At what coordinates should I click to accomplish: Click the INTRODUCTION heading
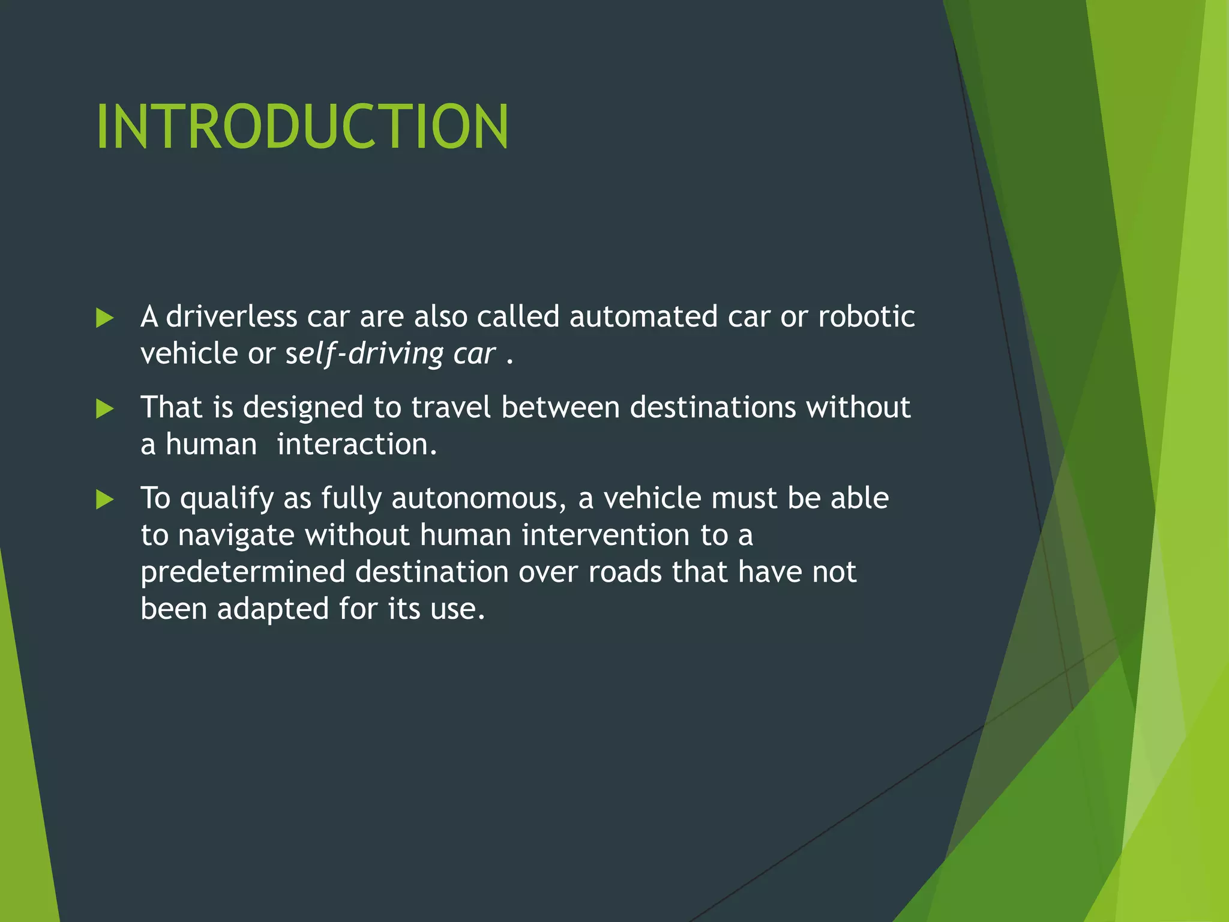pos(302,127)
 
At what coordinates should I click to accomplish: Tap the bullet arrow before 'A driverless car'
pos(104,318)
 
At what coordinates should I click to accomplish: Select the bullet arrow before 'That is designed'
pos(104,409)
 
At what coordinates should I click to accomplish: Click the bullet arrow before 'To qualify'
pos(104,499)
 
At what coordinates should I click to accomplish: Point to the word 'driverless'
pos(231,316)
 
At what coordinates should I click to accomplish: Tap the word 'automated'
pos(643,316)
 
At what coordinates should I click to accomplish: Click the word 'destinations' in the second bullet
pos(712,408)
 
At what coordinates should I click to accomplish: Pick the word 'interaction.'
pos(357,445)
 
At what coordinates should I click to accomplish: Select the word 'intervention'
pos(605,535)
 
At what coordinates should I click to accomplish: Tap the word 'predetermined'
pos(242,572)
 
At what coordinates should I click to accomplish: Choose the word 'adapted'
pos(272,609)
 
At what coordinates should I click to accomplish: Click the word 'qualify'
pos(226,499)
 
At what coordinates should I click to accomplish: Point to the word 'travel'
pos(451,408)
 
